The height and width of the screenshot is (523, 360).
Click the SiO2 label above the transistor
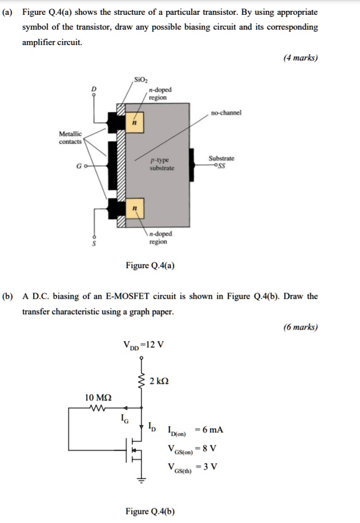click(140, 79)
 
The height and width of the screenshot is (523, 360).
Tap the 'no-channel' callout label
click(226, 112)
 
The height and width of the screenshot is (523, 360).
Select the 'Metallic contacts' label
click(71, 137)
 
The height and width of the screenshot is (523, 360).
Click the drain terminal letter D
click(95, 89)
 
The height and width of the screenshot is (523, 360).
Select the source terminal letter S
click(95, 244)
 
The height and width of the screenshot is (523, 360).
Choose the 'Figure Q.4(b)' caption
click(151, 511)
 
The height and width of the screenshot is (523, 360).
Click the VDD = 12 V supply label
click(143, 344)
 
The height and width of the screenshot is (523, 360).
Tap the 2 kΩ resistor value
click(159, 380)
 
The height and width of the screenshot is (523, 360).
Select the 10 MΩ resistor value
click(98, 396)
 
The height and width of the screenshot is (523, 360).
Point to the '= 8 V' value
click(206, 448)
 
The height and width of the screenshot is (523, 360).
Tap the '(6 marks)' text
click(301, 327)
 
